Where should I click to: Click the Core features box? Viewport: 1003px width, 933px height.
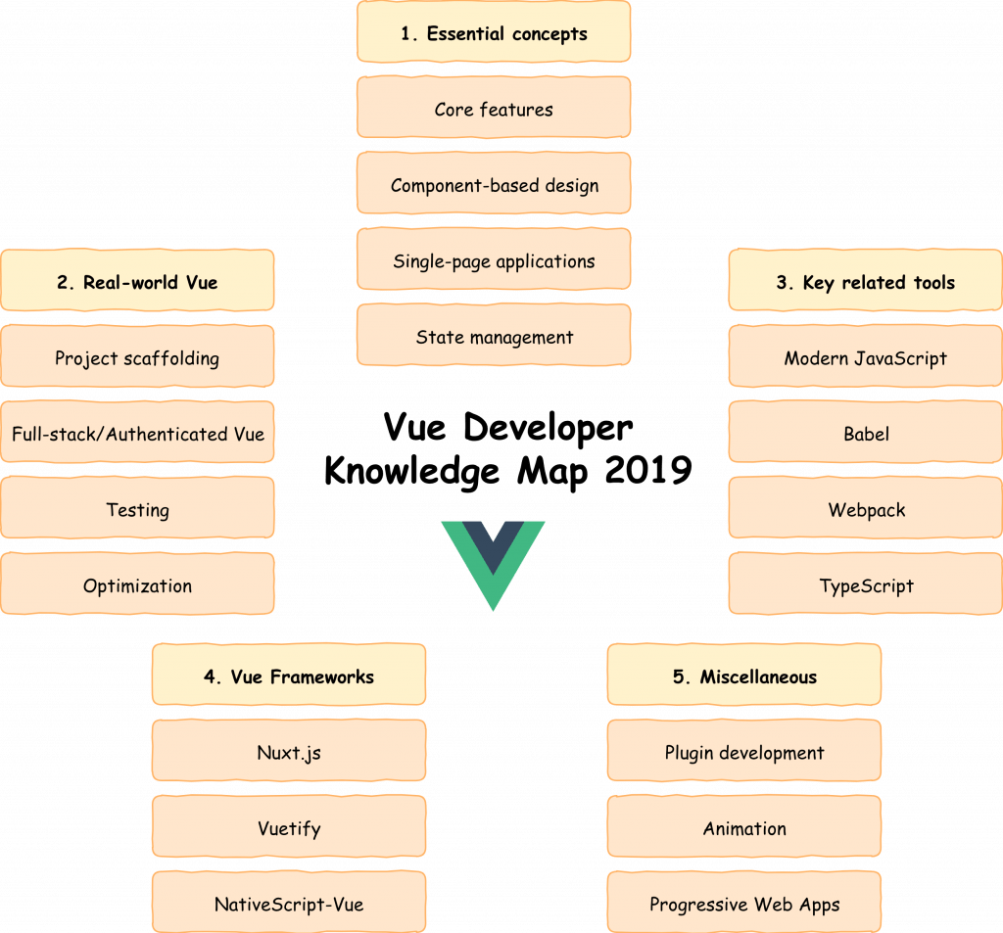tap(494, 108)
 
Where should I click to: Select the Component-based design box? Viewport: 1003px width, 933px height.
tap(494, 183)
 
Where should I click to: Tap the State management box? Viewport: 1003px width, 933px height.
tap(494, 335)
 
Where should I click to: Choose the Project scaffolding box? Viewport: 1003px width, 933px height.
tap(137, 356)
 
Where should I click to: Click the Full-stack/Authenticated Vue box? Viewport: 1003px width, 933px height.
tap(137, 433)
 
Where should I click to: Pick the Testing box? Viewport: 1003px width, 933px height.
tap(137, 508)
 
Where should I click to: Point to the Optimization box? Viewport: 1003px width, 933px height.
tap(137, 583)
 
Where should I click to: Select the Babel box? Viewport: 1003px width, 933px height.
tap(866, 433)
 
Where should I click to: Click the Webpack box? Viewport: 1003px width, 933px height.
tap(866, 508)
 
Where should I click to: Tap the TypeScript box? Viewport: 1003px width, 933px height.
tap(866, 583)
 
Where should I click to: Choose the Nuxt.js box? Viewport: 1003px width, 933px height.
tap(289, 751)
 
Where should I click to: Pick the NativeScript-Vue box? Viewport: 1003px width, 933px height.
tap(289, 903)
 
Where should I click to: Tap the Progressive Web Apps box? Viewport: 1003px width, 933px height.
tap(744, 903)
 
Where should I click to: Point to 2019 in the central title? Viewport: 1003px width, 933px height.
tap(648, 470)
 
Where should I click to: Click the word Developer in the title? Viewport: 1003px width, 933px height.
tap(549, 429)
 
